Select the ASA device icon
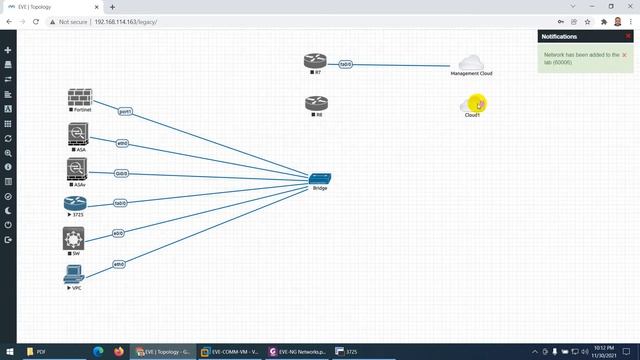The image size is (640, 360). (x=78, y=134)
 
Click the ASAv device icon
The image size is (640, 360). (x=78, y=168)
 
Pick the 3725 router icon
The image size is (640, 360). (x=75, y=204)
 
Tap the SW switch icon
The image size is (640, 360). (x=73, y=238)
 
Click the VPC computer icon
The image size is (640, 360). (x=73, y=273)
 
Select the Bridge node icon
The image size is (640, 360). (x=320, y=177)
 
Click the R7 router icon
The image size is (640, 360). (x=316, y=61)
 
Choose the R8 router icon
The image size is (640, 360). (x=316, y=103)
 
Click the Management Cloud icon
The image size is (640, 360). (x=471, y=63)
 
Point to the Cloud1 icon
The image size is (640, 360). (x=472, y=103)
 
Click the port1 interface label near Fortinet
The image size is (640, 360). (x=125, y=110)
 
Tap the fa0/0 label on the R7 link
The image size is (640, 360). (x=346, y=64)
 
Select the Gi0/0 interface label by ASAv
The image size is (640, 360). (x=121, y=173)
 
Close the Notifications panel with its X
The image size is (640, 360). (x=628, y=36)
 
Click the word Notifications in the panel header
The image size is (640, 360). (x=559, y=36)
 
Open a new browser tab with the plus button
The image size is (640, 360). (x=111, y=6)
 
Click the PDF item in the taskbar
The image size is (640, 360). (x=42, y=352)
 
